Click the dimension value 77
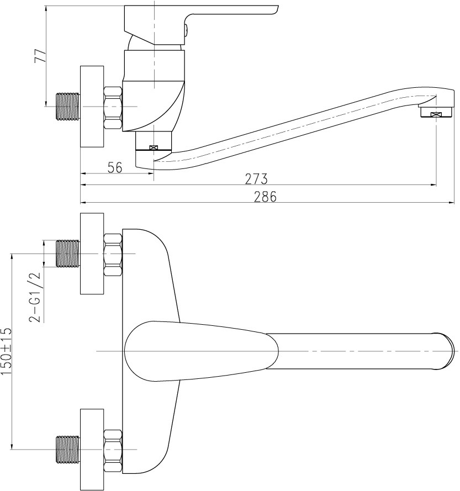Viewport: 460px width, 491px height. (40, 56)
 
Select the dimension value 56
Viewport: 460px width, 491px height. (115, 167)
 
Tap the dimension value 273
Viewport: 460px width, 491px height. (256, 179)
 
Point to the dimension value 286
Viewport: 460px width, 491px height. (265, 197)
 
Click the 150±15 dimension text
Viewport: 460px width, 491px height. (6, 351)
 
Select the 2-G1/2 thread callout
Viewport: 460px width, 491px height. (35, 297)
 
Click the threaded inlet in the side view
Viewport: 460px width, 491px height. (68, 107)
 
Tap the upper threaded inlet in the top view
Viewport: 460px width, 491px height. (68, 254)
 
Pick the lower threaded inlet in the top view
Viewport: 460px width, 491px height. (68, 450)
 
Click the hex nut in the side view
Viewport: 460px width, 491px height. (113, 108)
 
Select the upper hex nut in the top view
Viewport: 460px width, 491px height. (113, 255)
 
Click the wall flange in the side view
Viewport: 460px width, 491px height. (92, 107)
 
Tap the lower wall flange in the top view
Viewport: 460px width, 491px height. (92, 450)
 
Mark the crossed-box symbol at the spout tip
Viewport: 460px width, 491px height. (436, 115)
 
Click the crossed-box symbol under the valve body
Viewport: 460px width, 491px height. (154, 147)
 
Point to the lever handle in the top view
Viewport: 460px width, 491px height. (201, 351)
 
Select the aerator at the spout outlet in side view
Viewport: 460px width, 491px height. (436, 112)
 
